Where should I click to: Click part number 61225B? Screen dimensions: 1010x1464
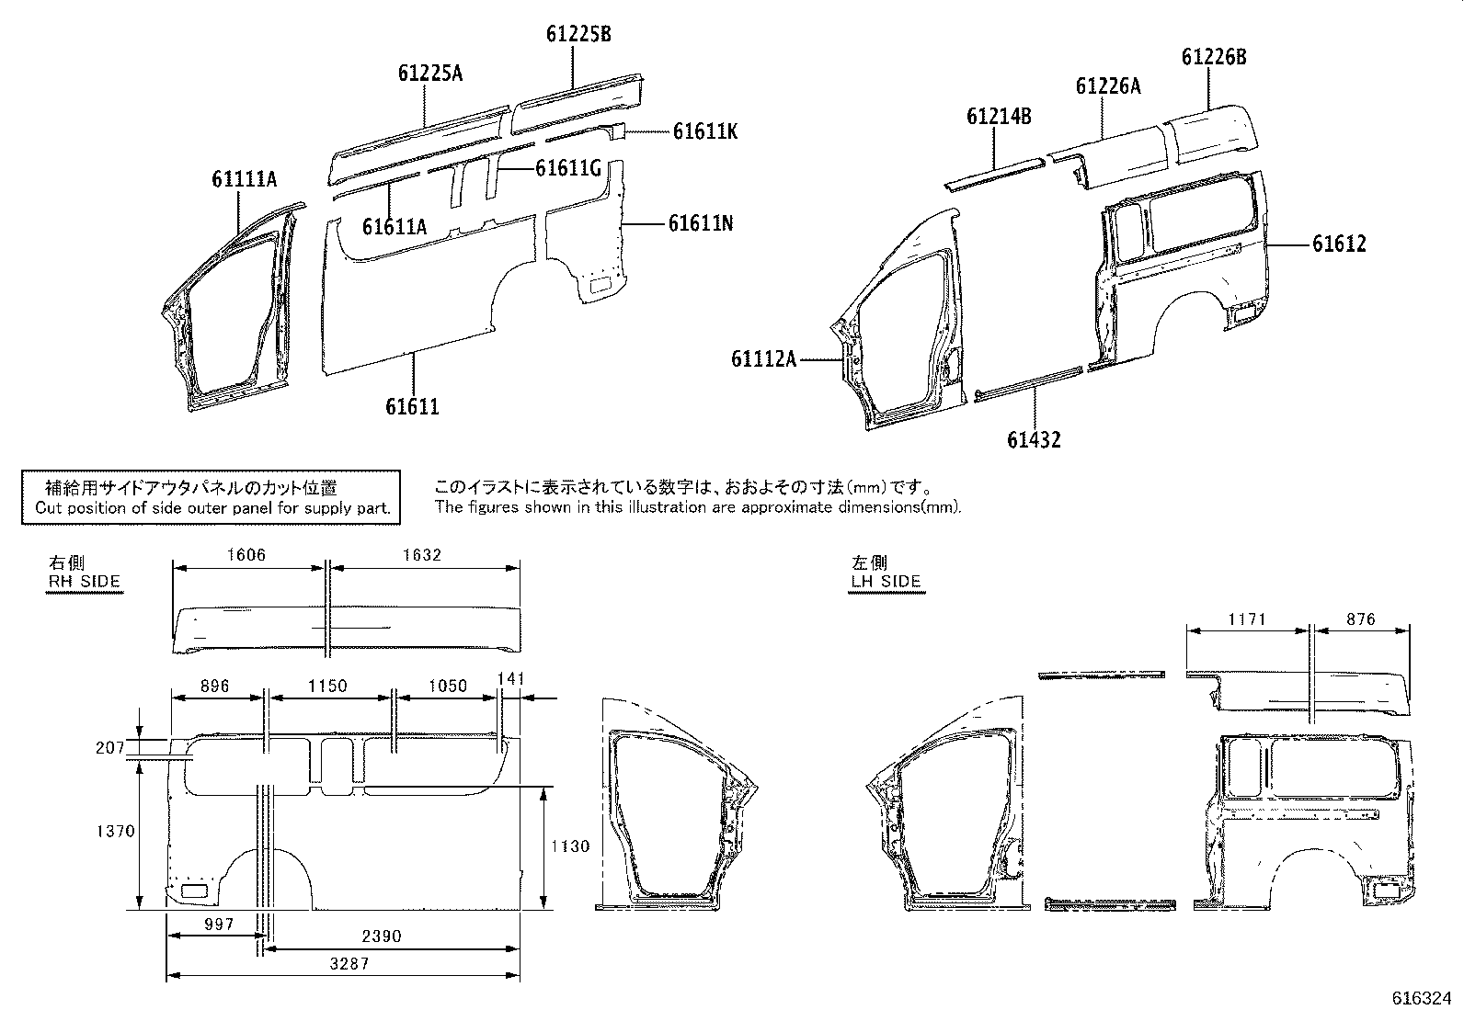point(578,35)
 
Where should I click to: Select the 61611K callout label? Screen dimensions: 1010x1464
point(704,131)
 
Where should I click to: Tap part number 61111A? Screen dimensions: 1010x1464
point(244,179)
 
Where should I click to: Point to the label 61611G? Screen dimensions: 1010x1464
point(568,168)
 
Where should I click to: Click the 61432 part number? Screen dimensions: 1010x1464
point(1033,440)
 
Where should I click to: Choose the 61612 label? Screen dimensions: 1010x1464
point(1338,244)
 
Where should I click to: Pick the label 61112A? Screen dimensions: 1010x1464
point(763,358)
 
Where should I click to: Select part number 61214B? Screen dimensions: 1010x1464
point(998,117)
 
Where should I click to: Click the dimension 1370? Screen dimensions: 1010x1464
point(116,831)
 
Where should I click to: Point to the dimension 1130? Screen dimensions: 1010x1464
point(570,846)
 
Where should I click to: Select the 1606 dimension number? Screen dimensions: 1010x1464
point(246,554)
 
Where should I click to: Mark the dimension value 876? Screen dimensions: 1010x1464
point(1360,619)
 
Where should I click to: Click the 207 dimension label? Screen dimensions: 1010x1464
point(109,748)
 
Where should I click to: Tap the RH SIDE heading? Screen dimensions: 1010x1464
point(84,581)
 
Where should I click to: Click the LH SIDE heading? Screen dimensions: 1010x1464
point(886,581)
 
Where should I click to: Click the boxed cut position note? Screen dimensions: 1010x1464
point(212,497)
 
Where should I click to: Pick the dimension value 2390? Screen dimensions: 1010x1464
point(381,936)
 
